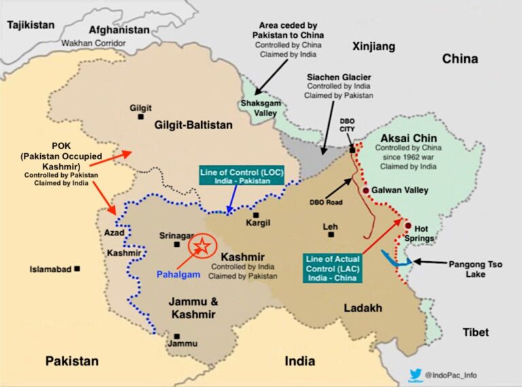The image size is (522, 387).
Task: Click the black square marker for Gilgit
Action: tap(141, 117)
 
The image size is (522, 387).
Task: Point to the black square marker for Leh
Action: tap(331, 235)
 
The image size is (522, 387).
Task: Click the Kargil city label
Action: tap(258, 223)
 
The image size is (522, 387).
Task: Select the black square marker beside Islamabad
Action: tap(77, 269)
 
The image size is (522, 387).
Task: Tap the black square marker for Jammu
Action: tap(177, 335)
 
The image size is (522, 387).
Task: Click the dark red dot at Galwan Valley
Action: tap(366, 191)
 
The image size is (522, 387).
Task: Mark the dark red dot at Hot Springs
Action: tap(408, 226)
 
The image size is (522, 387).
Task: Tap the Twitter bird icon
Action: tap(415, 373)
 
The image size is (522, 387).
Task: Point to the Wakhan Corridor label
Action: tap(94, 42)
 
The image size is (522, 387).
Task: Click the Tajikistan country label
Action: tap(31, 24)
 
